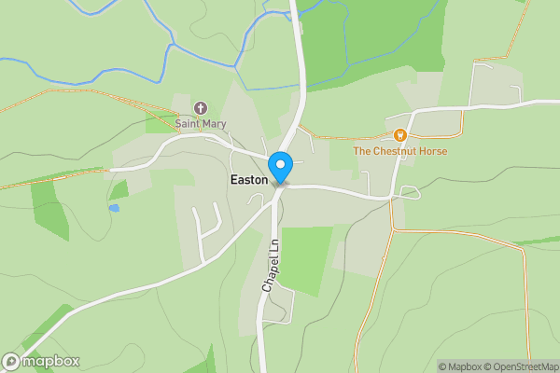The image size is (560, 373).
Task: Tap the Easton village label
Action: [x=248, y=179]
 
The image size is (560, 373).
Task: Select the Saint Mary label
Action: [x=201, y=122]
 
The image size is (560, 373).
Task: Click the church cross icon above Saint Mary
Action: [x=201, y=107]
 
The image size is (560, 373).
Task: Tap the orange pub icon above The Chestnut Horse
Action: [x=400, y=135]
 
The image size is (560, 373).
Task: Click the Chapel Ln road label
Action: [x=270, y=267]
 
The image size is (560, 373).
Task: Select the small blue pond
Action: [x=114, y=208]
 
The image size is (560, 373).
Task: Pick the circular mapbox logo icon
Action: [x=11, y=362]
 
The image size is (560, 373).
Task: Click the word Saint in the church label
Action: [x=188, y=122]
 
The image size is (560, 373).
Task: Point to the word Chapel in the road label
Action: [x=269, y=276]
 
